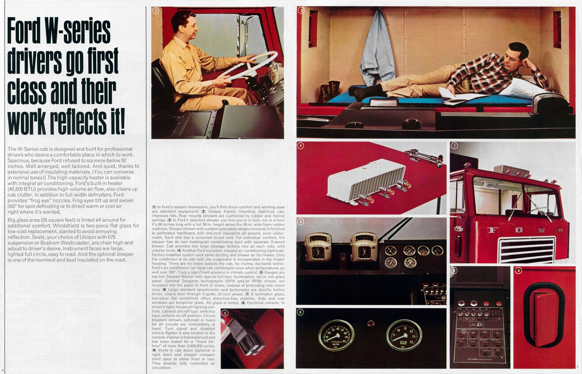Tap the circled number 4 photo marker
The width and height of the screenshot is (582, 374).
point(300,146)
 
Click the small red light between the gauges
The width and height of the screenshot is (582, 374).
point(371,323)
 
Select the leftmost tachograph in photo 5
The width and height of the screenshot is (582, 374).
point(318,247)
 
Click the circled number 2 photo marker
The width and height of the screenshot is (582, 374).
point(225,313)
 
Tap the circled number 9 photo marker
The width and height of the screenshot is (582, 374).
point(518,270)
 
